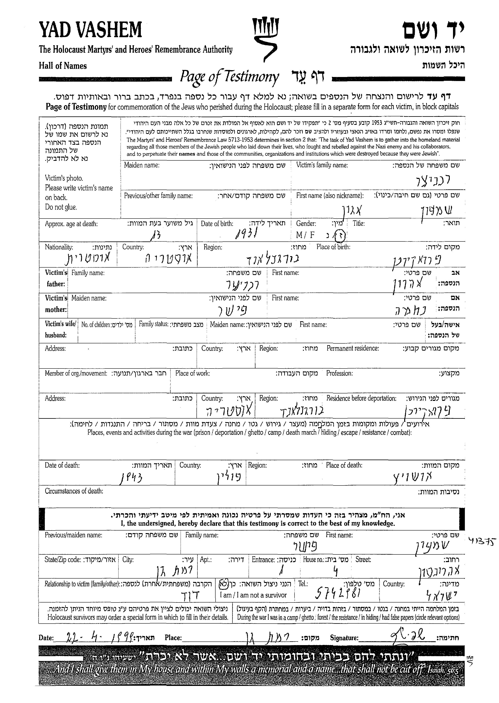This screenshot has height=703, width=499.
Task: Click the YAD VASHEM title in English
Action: (90, 30)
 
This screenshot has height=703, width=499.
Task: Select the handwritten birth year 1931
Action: (246, 235)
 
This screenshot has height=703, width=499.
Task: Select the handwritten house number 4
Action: (335, 571)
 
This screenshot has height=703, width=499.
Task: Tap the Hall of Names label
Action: (63, 66)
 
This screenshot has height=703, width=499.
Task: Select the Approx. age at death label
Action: (71, 224)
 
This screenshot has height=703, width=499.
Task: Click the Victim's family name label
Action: (322, 165)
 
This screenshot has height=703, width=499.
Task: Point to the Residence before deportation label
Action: (361, 398)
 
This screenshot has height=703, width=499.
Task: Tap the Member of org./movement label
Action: (76, 373)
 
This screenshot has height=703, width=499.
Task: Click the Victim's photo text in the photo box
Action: (64, 178)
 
